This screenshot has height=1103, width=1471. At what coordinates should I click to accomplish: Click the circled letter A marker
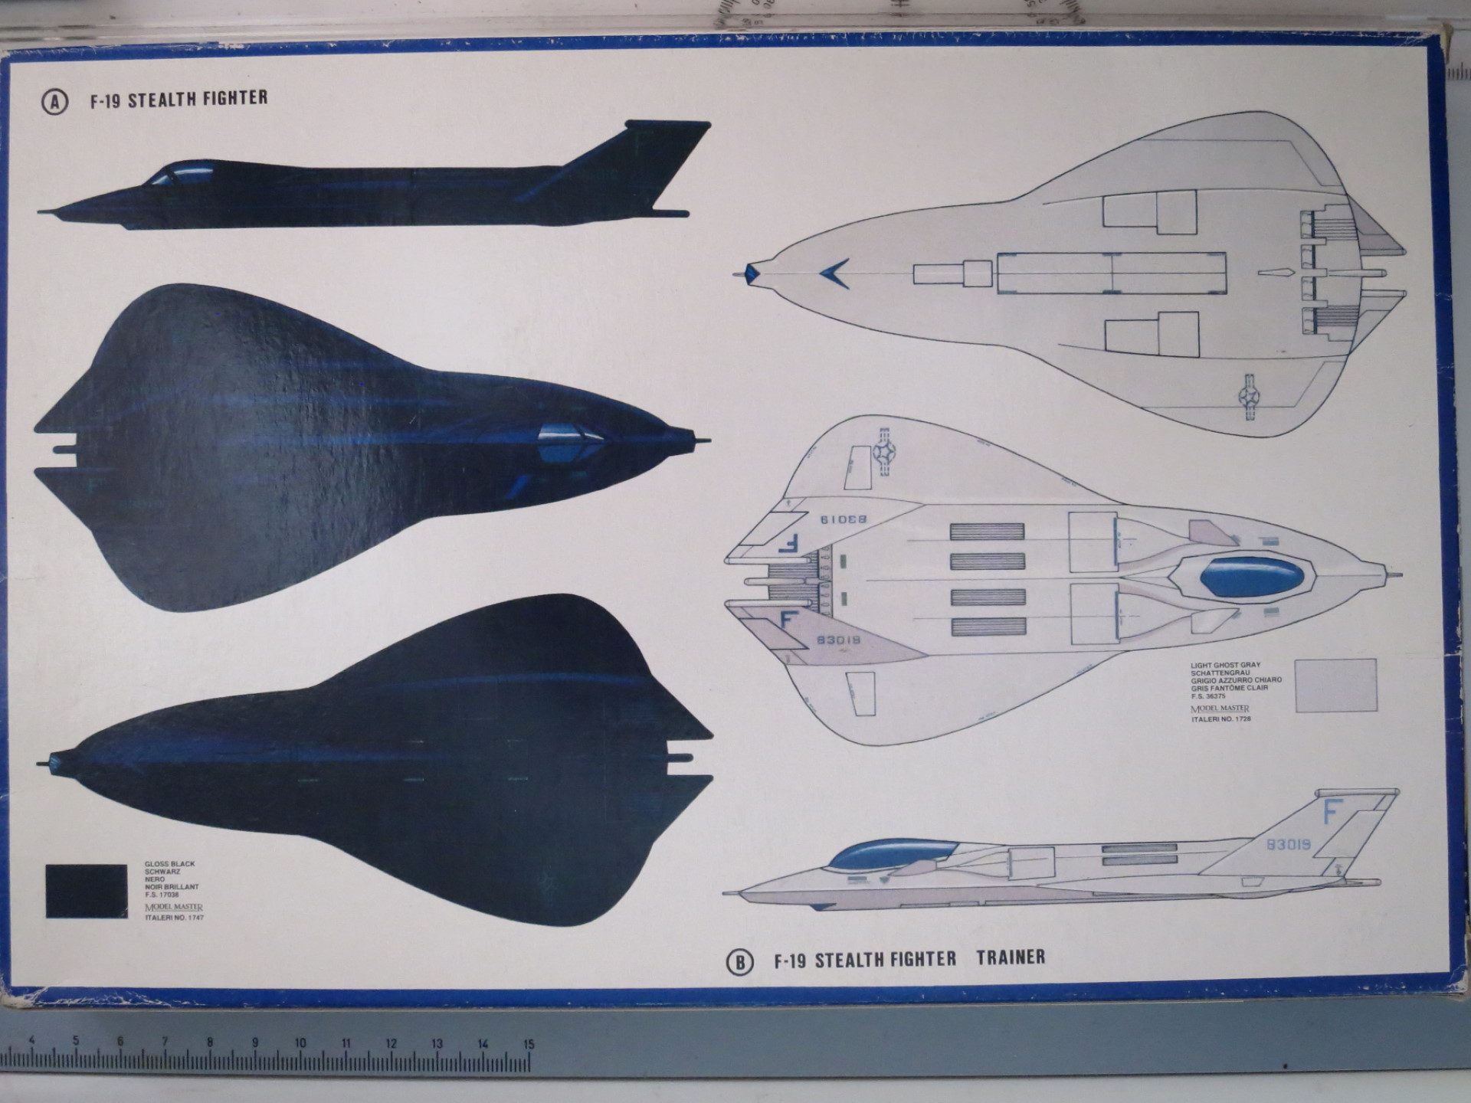54,102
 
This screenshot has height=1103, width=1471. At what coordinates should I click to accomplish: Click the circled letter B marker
739,962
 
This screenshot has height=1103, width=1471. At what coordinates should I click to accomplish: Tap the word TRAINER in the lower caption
1011,957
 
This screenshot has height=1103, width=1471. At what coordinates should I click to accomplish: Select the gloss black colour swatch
87,891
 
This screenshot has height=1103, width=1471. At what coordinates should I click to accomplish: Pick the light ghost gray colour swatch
1335,685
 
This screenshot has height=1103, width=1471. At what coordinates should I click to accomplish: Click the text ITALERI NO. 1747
175,917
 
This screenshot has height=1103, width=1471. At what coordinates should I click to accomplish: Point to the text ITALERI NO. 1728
1221,719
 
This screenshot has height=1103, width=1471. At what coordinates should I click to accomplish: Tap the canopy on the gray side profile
893,852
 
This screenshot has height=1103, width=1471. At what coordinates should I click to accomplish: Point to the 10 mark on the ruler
300,1042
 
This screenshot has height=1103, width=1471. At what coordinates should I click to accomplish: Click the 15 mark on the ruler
529,1044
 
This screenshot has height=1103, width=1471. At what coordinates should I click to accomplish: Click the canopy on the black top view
570,442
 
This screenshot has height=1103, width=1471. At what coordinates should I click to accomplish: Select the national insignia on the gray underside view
1249,396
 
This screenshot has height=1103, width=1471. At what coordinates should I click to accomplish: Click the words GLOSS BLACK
170,864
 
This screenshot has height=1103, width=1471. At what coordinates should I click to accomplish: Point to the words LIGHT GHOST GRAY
1225,666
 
